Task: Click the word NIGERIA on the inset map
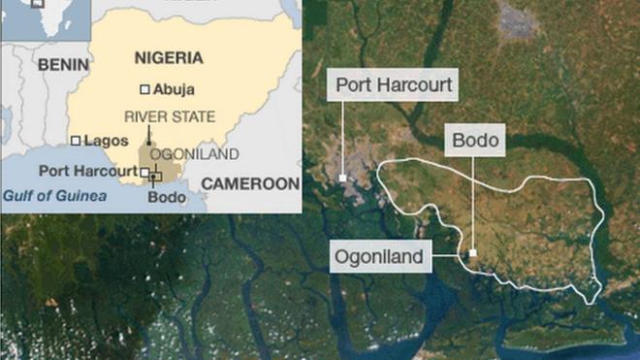coord(167,56)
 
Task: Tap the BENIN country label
coord(63,65)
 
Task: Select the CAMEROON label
coord(250,182)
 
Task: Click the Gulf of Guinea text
coord(53,195)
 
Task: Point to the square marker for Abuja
coord(144,89)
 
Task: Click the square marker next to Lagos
coord(76,140)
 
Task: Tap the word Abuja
coord(174,89)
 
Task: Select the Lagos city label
coord(106,141)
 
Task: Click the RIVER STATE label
coord(170,116)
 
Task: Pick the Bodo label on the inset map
coord(167,197)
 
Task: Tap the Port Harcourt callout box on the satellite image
coord(393,85)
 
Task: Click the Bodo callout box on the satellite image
coord(475,141)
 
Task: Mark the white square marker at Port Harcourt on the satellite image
coord(343,178)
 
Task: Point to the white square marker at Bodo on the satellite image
coord(473,253)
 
